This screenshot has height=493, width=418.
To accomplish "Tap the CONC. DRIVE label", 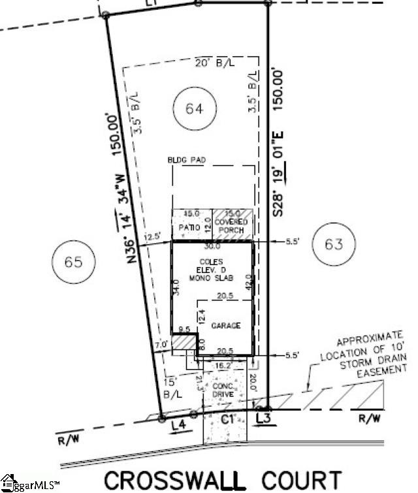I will click(223, 390).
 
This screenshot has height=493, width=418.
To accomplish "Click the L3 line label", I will click(264, 417).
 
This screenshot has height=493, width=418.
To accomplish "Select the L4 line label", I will click(178, 425).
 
